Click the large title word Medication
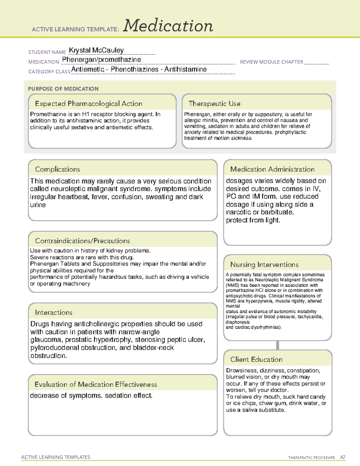tap(168, 26)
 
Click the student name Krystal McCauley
tap(96, 50)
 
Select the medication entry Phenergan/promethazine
tap(101, 60)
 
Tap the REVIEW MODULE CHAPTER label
tap(271, 62)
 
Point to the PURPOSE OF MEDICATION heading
tap(63, 89)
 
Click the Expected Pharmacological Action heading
tap(88, 104)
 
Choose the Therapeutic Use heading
tap(214, 104)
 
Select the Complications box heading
tap(58, 169)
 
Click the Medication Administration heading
tap(272, 169)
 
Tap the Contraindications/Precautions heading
tap(82, 241)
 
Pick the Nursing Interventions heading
tap(264, 265)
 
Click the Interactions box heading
tap(54, 312)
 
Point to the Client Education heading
tap(256, 359)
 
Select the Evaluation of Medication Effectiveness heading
tap(96, 384)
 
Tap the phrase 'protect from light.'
tap(253, 220)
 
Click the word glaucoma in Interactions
tap(46, 340)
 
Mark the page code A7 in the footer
tap(343, 457)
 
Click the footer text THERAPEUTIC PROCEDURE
tap(312, 458)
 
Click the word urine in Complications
tap(38, 205)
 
